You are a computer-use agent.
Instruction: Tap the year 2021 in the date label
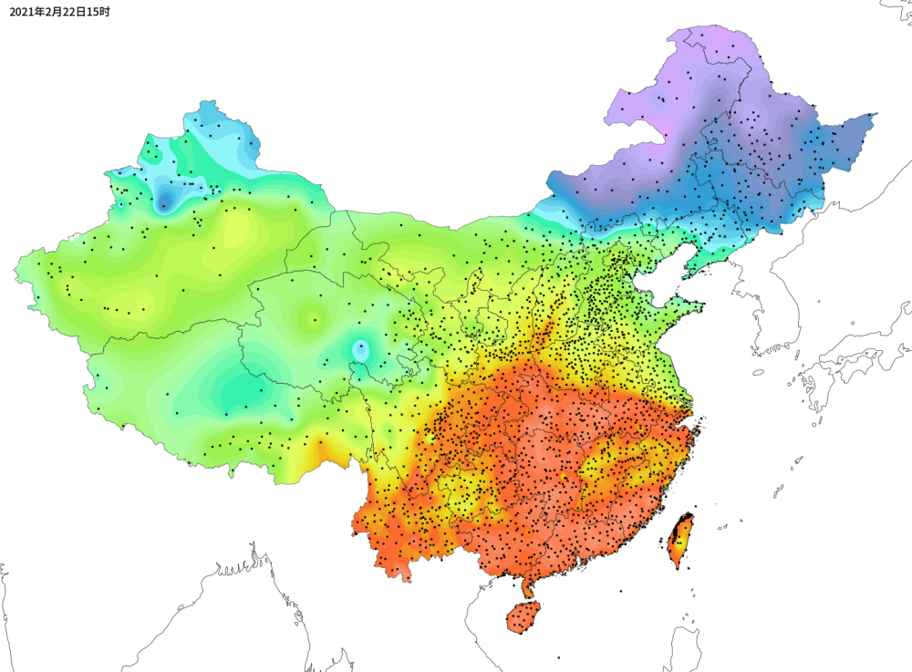coord(25,12)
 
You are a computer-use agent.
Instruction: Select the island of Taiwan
coord(680,540)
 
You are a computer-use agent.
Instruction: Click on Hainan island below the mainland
coord(523,617)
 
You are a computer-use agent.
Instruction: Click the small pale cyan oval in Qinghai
coord(361,348)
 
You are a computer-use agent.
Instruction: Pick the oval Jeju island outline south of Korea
coord(758,372)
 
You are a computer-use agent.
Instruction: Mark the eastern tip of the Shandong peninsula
coord(702,306)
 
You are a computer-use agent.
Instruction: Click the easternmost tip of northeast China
coord(876,115)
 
